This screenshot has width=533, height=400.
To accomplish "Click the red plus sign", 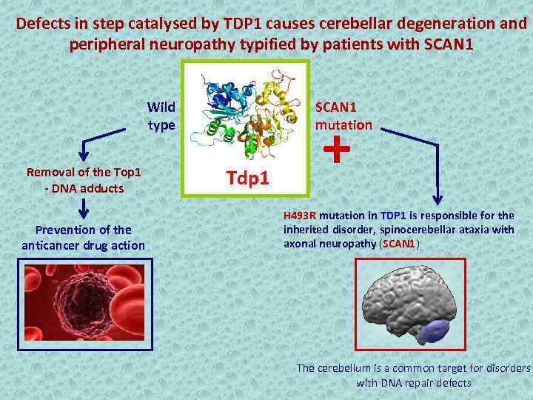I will click(337, 150).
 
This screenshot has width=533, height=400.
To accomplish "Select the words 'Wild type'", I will click(161, 116).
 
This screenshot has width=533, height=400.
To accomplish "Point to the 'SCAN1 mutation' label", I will click(343, 116).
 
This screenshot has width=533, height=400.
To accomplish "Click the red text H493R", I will click(300, 216).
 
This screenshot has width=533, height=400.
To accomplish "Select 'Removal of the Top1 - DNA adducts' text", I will click(84, 180).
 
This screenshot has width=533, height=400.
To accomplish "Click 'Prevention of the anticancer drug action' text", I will click(84, 237).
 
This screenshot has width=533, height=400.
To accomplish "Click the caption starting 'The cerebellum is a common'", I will click(413, 375).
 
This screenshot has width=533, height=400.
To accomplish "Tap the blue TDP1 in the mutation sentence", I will click(393, 216).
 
